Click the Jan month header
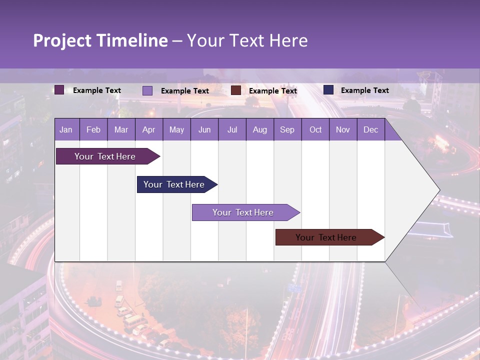(x=66, y=129)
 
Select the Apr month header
(x=148, y=129)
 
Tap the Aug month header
(x=259, y=129)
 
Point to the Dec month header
(x=370, y=129)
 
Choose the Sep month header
(x=287, y=129)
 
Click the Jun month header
(x=204, y=129)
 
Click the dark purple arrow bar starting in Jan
(x=105, y=156)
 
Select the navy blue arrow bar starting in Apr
(x=174, y=184)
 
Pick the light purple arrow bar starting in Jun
(x=243, y=212)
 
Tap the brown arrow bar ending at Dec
(x=326, y=237)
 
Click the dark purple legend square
(x=59, y=90)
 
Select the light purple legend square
(x=147, y=90)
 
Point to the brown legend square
(x=236, y=90)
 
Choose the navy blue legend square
(x=328, y=90)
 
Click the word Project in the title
(x=62, y=40)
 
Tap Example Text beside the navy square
(x=364, y=90)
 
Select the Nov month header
(x=342, y=129)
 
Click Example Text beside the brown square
(x=272, y=91)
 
